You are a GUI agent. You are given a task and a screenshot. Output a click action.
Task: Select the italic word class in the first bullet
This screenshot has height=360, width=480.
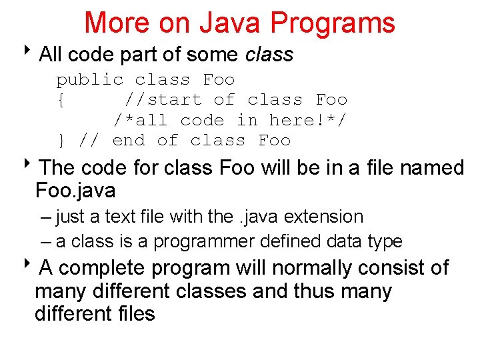[269, 55]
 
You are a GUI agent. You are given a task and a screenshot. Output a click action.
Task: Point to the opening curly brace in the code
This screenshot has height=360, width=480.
[61, 100]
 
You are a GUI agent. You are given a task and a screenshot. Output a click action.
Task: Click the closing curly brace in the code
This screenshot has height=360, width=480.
[61, 140]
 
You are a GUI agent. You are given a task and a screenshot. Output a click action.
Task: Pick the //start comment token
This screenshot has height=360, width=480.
[163, 100]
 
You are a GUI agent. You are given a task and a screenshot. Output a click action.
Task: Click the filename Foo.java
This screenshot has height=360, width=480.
[75, 191]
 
